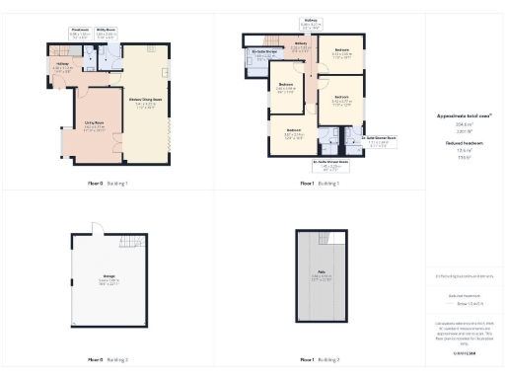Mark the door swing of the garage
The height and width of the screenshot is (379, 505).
click(x=98, y=228)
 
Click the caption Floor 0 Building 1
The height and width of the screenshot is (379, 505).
click(x=108, y=184)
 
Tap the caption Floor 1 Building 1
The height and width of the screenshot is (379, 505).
click(x=321, y=184)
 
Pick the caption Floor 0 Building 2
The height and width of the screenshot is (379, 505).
click(x=108, y=361)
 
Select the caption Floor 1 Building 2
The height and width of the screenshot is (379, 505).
click(x=321, y=361)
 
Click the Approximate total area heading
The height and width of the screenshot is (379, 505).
click(x=464, y=116)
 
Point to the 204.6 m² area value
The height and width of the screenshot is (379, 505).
click(x=464, y=124)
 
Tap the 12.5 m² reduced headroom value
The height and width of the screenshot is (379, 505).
click(x=464, y=150)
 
